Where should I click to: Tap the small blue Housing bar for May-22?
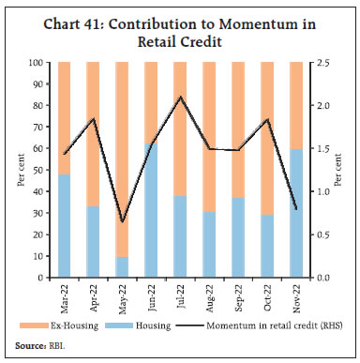(121, 267)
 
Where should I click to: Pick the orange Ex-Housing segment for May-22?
(121, 159)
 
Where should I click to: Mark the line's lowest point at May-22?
(121, 222)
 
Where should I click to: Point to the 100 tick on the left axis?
(40, 62)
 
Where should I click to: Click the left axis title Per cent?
(20, 170)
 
